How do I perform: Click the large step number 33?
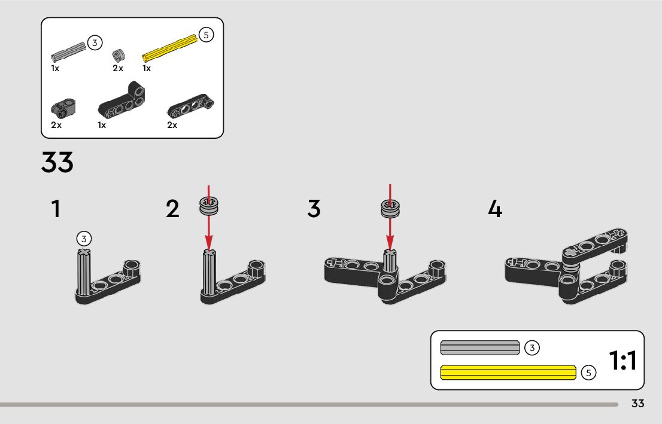[57, 162]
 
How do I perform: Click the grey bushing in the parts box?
[119, 55]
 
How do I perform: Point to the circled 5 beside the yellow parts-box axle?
[206, 35]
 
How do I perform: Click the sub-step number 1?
[56, 209]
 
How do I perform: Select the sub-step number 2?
[172, 209]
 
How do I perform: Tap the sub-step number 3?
[314, 209]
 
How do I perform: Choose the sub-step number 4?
[495, 209]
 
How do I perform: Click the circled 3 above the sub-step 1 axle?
[84, 239]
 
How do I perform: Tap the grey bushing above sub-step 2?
[209, 206]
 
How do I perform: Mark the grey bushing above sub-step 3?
[390, 209]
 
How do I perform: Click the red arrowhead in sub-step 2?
[208, 243]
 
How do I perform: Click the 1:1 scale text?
[622, 360]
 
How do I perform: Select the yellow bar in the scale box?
[508, 373]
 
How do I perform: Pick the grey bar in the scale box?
[480, 347]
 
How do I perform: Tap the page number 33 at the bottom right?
[638, 403]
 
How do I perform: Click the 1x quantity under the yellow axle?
[147, 68]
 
